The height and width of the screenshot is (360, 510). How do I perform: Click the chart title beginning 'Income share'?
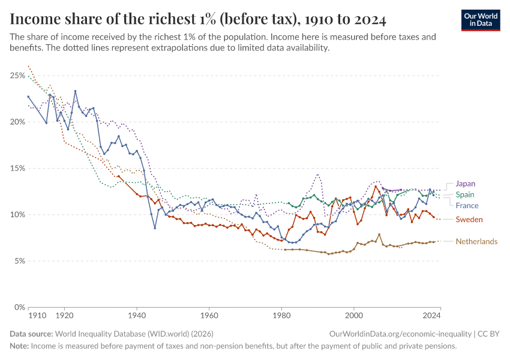[198, 19]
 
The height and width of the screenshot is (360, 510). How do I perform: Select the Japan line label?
[466, 184]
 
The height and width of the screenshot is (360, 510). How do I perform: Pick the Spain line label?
[465, 194]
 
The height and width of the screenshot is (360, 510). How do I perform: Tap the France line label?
[467, 205]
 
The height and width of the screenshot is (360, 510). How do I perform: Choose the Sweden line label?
[469, 220]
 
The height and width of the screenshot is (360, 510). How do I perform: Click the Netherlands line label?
[476, 241]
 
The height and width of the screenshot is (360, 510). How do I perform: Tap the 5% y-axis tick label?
[18, 261]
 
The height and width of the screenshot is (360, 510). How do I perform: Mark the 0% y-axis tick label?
[18, 307]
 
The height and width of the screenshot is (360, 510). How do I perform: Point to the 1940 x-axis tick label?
[137, 314]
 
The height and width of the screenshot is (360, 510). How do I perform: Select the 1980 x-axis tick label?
[281, 314]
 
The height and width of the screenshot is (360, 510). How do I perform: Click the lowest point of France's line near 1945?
[155, 228]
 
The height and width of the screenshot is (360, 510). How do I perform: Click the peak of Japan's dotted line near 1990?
[318, 175]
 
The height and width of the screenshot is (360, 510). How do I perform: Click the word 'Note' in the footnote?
[19, 346]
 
